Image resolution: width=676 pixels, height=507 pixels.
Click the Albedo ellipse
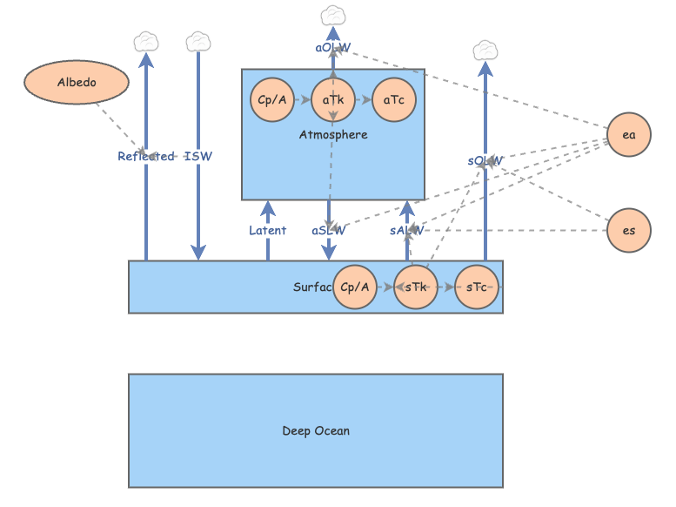coord(77,83)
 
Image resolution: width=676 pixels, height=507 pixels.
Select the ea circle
coord(629,135)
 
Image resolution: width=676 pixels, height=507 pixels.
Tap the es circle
coord(629,231)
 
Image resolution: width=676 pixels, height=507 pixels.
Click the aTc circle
coord(394,100)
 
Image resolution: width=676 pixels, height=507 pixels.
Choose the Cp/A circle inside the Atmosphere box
coord(272,100)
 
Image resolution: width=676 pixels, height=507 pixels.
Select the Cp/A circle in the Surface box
coord(355,287)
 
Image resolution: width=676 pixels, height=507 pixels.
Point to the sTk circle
coord(416,287)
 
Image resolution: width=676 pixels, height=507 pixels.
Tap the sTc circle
coord(477,287)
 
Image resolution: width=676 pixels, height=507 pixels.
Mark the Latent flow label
coord(267,231)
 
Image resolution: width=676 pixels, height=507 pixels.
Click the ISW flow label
coord(198,157)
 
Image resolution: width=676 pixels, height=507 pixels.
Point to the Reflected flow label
coord(145,157)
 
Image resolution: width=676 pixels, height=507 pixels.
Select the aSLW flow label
coord(329,231)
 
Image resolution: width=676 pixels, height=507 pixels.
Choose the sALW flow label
coord(407,231)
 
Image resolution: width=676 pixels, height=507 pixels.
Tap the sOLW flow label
coord(485,161)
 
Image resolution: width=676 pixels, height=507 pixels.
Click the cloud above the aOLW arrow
coord(333,16)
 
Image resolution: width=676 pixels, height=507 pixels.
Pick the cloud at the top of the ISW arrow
coord(198,41)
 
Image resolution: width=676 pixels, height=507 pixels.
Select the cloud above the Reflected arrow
coord(146,41)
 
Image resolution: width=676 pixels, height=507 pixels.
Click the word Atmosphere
coord(333,135)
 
